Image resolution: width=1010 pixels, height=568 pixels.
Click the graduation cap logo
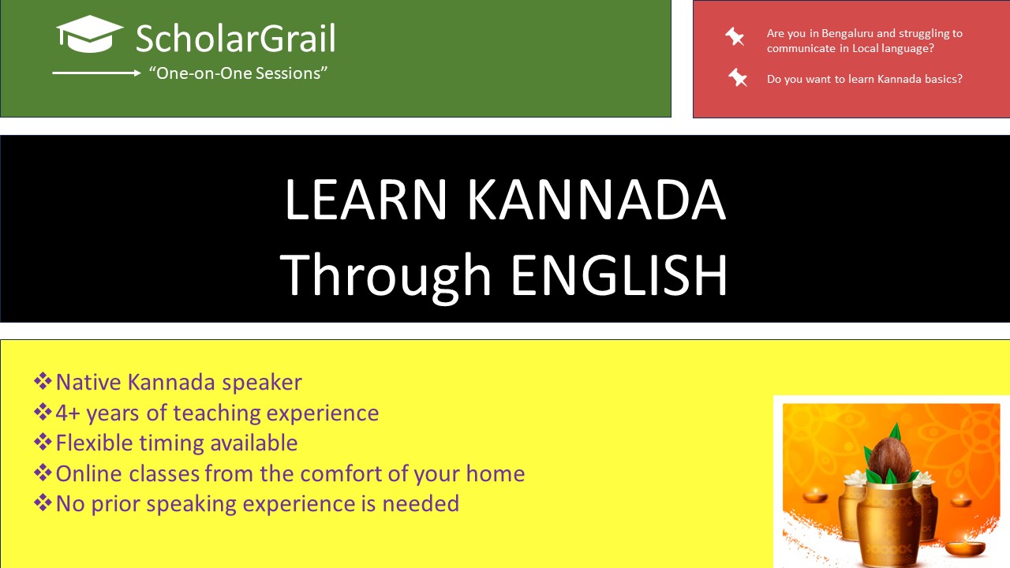[89, 34]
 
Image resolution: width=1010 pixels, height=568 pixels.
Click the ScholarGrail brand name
[235, 39]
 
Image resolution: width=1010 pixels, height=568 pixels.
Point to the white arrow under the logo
[96, 73]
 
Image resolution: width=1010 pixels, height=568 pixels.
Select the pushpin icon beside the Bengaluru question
[735, 36]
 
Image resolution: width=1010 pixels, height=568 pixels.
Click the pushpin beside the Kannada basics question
[738, 77]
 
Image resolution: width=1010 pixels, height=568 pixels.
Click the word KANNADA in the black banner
[595, 200]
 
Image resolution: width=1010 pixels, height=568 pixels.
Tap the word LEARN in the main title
[365, 200]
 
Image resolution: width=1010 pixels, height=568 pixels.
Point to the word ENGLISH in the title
[619, 275]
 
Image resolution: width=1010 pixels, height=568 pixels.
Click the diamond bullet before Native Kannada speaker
[43, 381]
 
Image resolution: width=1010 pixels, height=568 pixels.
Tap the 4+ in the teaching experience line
[68, 413]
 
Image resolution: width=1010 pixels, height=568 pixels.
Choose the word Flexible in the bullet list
[94, 443]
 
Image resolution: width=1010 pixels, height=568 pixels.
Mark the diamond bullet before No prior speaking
[43, 503]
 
